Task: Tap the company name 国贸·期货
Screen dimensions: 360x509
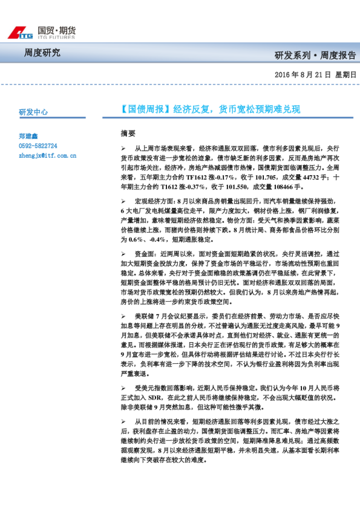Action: point(56,30)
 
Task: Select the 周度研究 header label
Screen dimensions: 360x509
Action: point(42,53)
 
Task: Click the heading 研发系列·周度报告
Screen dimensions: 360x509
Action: point(315,55)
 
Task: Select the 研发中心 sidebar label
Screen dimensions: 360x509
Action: point(33,112)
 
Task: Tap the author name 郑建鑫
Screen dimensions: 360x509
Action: point(28,137)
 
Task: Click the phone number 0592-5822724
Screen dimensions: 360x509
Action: point(38,146)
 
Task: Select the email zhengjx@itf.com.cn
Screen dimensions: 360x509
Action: point(47,155)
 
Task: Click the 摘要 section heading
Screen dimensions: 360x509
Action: point(128,133)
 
